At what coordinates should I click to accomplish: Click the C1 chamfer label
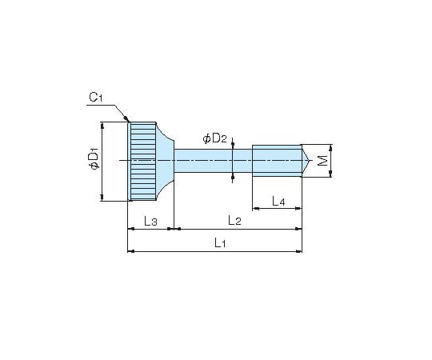96,97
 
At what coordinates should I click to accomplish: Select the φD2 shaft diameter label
215,138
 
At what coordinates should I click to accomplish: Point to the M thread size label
322,161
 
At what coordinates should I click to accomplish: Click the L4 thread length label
278,201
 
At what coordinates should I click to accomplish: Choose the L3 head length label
150,221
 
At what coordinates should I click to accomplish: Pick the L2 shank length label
234,220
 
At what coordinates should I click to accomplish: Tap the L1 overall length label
220,242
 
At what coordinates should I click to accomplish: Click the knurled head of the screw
143,162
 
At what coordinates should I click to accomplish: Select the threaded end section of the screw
277,161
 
